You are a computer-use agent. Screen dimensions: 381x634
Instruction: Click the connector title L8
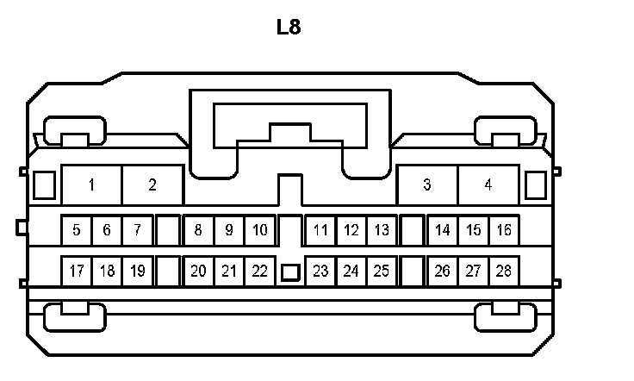click(289, 27)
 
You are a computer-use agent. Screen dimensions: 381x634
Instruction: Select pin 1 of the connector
click(91, 184)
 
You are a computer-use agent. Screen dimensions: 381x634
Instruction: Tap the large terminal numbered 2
click(152, 184)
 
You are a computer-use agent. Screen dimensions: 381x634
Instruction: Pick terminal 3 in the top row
click(427, 184)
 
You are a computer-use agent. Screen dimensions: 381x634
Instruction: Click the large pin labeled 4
click(488, 184)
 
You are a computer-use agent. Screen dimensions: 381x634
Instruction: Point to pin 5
click(77, 230)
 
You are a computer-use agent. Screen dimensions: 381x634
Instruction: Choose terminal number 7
click(137, 230)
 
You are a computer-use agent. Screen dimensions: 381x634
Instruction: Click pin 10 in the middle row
click(259, 230)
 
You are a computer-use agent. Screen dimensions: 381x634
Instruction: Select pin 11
click(320, 230)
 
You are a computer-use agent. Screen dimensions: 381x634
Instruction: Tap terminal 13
click(382, 230)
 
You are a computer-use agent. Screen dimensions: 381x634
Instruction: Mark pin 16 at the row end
click(504, 230)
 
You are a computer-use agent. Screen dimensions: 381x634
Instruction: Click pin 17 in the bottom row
click(77, 271)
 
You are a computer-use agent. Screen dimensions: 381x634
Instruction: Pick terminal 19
click(137, 271)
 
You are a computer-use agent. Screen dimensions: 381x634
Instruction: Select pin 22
click(259, 271)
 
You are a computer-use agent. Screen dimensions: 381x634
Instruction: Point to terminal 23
click(320, 271)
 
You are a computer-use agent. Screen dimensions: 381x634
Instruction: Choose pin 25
click(382, 271)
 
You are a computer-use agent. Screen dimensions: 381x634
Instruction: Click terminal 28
click(504, 271)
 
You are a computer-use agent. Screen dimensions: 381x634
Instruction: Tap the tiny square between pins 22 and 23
click(290, 272)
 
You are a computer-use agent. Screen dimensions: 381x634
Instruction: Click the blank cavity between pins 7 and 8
click(168, 230)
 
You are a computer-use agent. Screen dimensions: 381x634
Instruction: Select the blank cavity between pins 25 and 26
click(413, 271)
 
